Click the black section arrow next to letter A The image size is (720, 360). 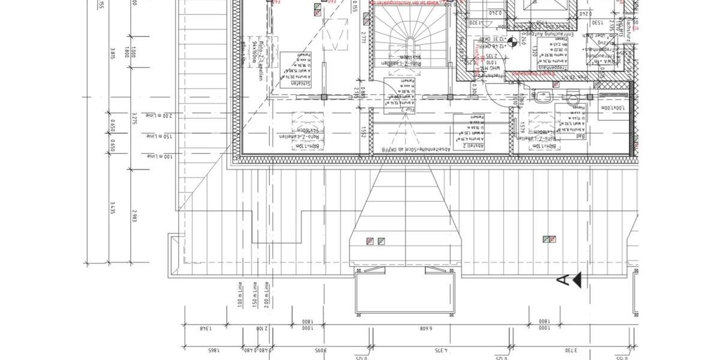pyautogui.click(x=577, y=280)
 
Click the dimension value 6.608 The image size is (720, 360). pyautogui.click(x=425, y=328)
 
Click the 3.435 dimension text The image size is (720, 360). pyautogui.click(x=112, y=208)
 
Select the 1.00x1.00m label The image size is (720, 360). pyautogui.click(x=611, y=107)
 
